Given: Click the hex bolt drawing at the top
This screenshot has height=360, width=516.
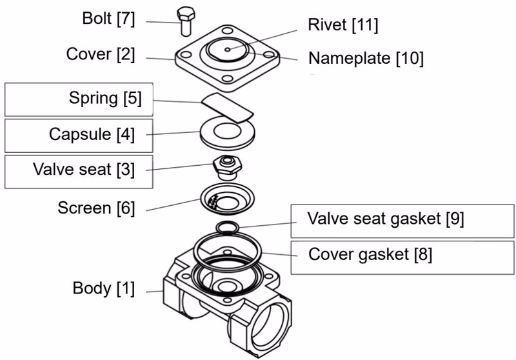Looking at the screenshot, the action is coord(186,21).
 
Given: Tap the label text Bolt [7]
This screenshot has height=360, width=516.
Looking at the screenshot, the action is coord(108,19).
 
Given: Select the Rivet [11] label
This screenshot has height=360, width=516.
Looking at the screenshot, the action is coord(343,25).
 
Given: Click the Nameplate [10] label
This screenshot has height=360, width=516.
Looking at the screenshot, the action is coord(366,58).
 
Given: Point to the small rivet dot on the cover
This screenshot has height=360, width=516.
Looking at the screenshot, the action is coord(228,50).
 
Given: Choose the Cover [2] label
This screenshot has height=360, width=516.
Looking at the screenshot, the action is coord(101,54).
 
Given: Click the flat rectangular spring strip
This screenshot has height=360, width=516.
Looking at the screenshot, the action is coord(228,108).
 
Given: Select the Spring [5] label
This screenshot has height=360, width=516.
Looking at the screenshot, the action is coord(105,99).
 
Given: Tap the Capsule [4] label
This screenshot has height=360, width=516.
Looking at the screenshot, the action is coord(92,135).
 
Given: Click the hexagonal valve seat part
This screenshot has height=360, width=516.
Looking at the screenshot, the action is coord(228,167).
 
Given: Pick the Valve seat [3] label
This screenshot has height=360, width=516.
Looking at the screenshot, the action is coord(84,170).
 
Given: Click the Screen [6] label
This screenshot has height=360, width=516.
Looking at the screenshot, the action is coord(96,208).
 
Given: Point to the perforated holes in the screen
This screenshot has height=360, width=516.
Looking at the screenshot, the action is coord(213,202).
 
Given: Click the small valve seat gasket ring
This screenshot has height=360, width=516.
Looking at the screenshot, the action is coord(228,227).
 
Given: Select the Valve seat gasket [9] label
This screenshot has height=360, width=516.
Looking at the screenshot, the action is coord(386,219).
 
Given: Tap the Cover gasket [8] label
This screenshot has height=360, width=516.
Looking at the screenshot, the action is coord(370,255).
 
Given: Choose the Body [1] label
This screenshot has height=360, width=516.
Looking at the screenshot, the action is coord(104,288).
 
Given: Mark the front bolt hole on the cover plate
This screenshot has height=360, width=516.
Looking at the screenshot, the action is coord(227,79).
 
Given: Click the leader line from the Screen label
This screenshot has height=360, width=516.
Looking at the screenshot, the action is coord(174,205).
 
